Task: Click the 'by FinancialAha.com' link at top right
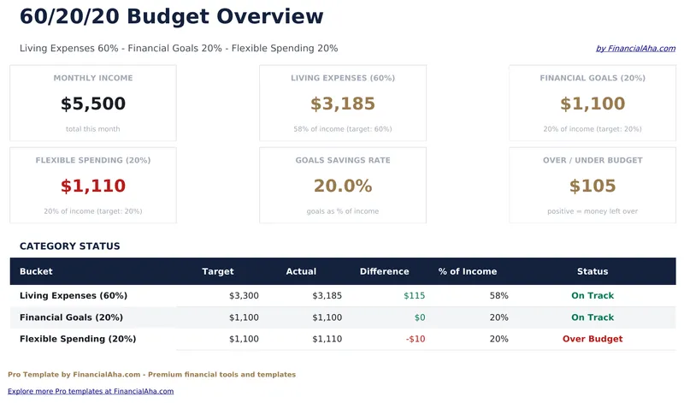[x=635, y=49]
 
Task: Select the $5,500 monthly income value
[x=93, y=104]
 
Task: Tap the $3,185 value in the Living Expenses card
[x=343, y=104]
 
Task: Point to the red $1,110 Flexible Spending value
[x=93, y=186]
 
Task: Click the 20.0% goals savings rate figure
[x=343, y=186]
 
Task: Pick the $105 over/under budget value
[x=593, y=186]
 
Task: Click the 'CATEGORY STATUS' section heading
[x=70, y=246]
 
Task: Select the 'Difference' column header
[x=384, y=271]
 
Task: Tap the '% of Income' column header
[x=468, y=271]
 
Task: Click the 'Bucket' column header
[x=36, y=271]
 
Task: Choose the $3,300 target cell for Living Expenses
[x=244, y=295]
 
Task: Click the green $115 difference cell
[x=414, y=295]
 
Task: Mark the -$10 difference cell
[x=415, y=339]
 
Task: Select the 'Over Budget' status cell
[x=593, y=339]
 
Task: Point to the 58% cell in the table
[x=499, y=295]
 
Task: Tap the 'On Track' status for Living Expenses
[x=593, y=295]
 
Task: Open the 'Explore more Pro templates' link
[x=91, y=391]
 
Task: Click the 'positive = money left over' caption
[x=593, y=211]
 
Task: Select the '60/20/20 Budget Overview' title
[x=172, y=16]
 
